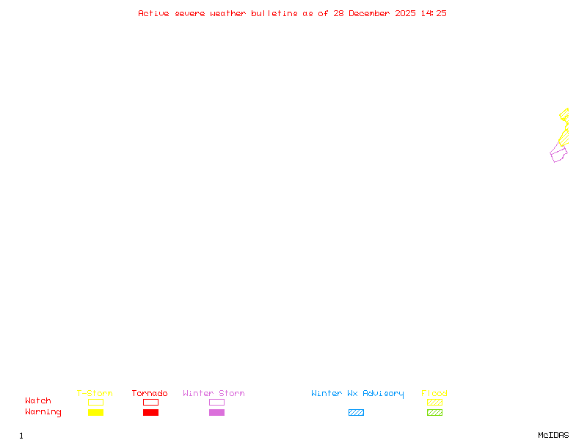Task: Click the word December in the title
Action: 374,13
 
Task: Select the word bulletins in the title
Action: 274,13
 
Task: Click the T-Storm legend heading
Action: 95,393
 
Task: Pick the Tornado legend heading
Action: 150,393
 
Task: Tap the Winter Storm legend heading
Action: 214,393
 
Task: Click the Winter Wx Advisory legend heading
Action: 357,393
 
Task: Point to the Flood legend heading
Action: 434,393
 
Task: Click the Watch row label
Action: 38,401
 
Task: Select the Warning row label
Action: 43,412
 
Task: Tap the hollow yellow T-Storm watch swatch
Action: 95,402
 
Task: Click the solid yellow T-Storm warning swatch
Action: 95,413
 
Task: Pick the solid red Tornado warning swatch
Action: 150,413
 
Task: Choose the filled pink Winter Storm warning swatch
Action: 216,413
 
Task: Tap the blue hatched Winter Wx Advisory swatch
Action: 356,413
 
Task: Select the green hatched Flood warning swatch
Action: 434,413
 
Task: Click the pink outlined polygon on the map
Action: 558,154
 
